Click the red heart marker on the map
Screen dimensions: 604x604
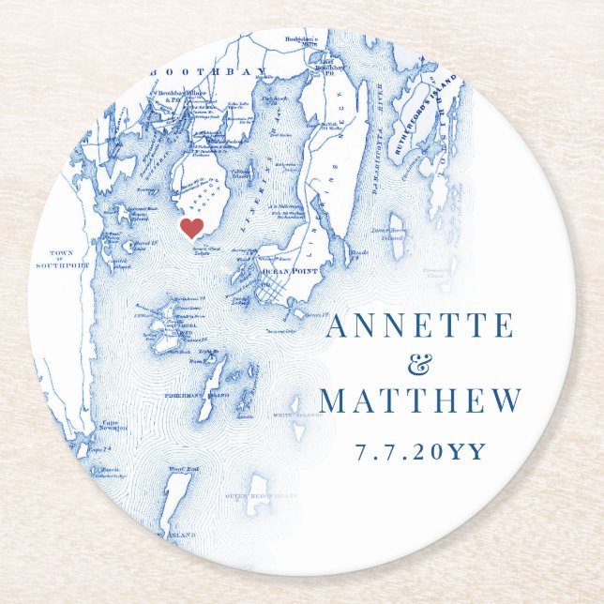(191, 229)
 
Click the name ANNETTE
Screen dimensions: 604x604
(419, 326)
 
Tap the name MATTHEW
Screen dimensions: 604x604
(420, 400)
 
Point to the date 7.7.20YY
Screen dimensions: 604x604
(420, 451)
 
